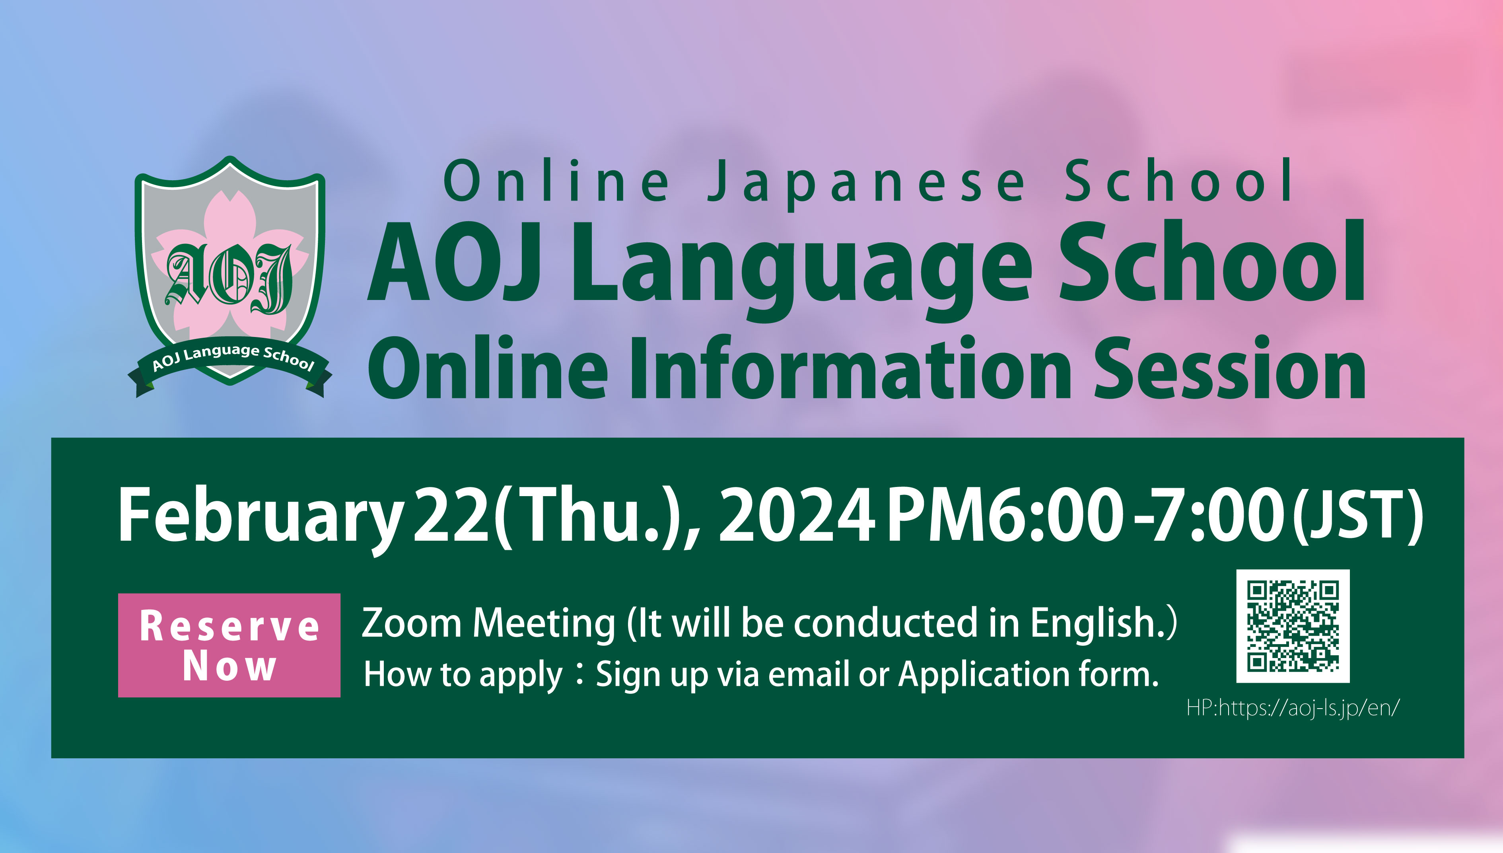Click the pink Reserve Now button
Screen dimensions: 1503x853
(x=229, y=645)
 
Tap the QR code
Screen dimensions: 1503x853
(x=1293, y=626)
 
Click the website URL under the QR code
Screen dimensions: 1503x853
(x=1293, y=708)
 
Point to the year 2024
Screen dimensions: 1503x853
(x=797, y=515)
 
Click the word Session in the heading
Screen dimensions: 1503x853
(x=1230, y=369)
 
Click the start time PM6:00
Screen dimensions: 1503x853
(x=1005, y=515)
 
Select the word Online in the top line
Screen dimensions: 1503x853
(x=556, y=181)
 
